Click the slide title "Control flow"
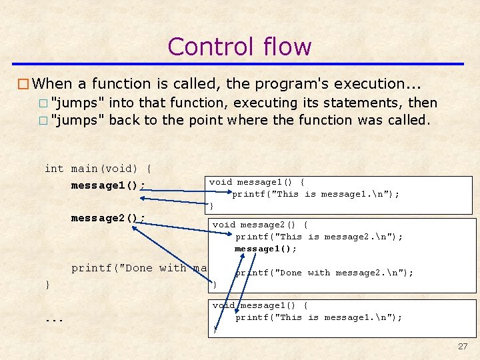239,47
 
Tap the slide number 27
463,347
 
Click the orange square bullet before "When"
23,84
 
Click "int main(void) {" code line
97,169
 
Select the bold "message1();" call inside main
108,185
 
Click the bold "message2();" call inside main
108,218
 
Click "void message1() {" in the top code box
257,182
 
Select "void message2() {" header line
260,225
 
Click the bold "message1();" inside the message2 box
265,249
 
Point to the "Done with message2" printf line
324,273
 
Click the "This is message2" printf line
319,237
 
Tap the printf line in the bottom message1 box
318,317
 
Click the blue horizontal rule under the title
239,64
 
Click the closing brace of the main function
47,285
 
